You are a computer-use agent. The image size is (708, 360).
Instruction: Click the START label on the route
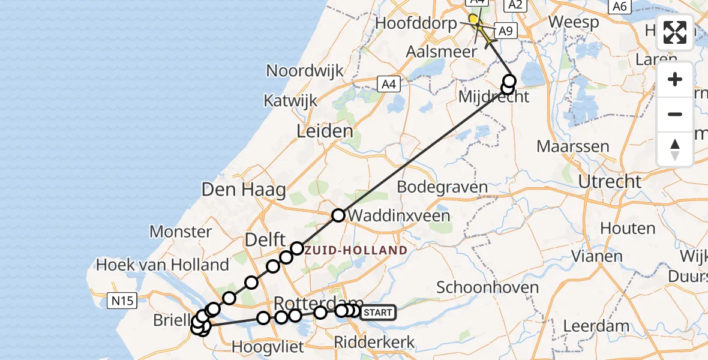[379, 313]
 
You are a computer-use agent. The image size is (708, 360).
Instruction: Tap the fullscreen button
[675, 32]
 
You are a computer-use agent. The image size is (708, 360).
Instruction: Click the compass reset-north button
[675, 149]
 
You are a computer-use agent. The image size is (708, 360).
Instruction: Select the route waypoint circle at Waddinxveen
[339, 215]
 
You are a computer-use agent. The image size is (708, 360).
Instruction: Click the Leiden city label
[324, 131]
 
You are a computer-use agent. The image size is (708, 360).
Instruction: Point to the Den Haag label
[244, 190]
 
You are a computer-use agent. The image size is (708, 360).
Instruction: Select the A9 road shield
[506, 31]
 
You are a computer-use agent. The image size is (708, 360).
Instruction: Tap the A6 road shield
[620, 6]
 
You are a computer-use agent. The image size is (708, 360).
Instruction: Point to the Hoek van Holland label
[163, 265]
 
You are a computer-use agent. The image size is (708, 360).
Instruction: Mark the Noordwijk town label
[305, 70]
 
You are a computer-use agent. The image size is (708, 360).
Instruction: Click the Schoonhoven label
[488, 287]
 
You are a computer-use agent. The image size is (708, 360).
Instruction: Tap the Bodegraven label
[443, 187]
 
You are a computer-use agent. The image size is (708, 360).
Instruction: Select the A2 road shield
[515, 5]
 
